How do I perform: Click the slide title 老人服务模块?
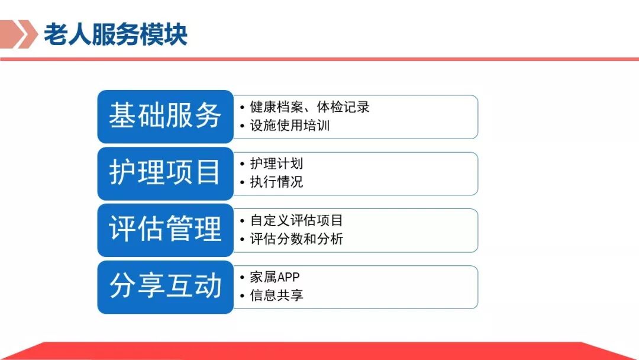pos(115,34)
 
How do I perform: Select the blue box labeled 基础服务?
pos(165,116)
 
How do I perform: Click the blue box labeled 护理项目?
pos(165,173)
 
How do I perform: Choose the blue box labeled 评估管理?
pos(165,230)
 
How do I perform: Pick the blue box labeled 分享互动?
pos(165,287)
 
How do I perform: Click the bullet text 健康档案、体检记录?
pos(309,107)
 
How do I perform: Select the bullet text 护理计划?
pos(276,163)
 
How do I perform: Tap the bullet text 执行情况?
pos(276,182)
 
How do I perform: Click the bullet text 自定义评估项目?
pos(296,220)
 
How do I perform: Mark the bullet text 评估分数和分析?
pos(296,239)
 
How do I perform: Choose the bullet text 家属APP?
pos(275,277)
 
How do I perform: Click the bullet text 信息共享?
pos(276,295)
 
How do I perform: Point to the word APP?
pos(288,277)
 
